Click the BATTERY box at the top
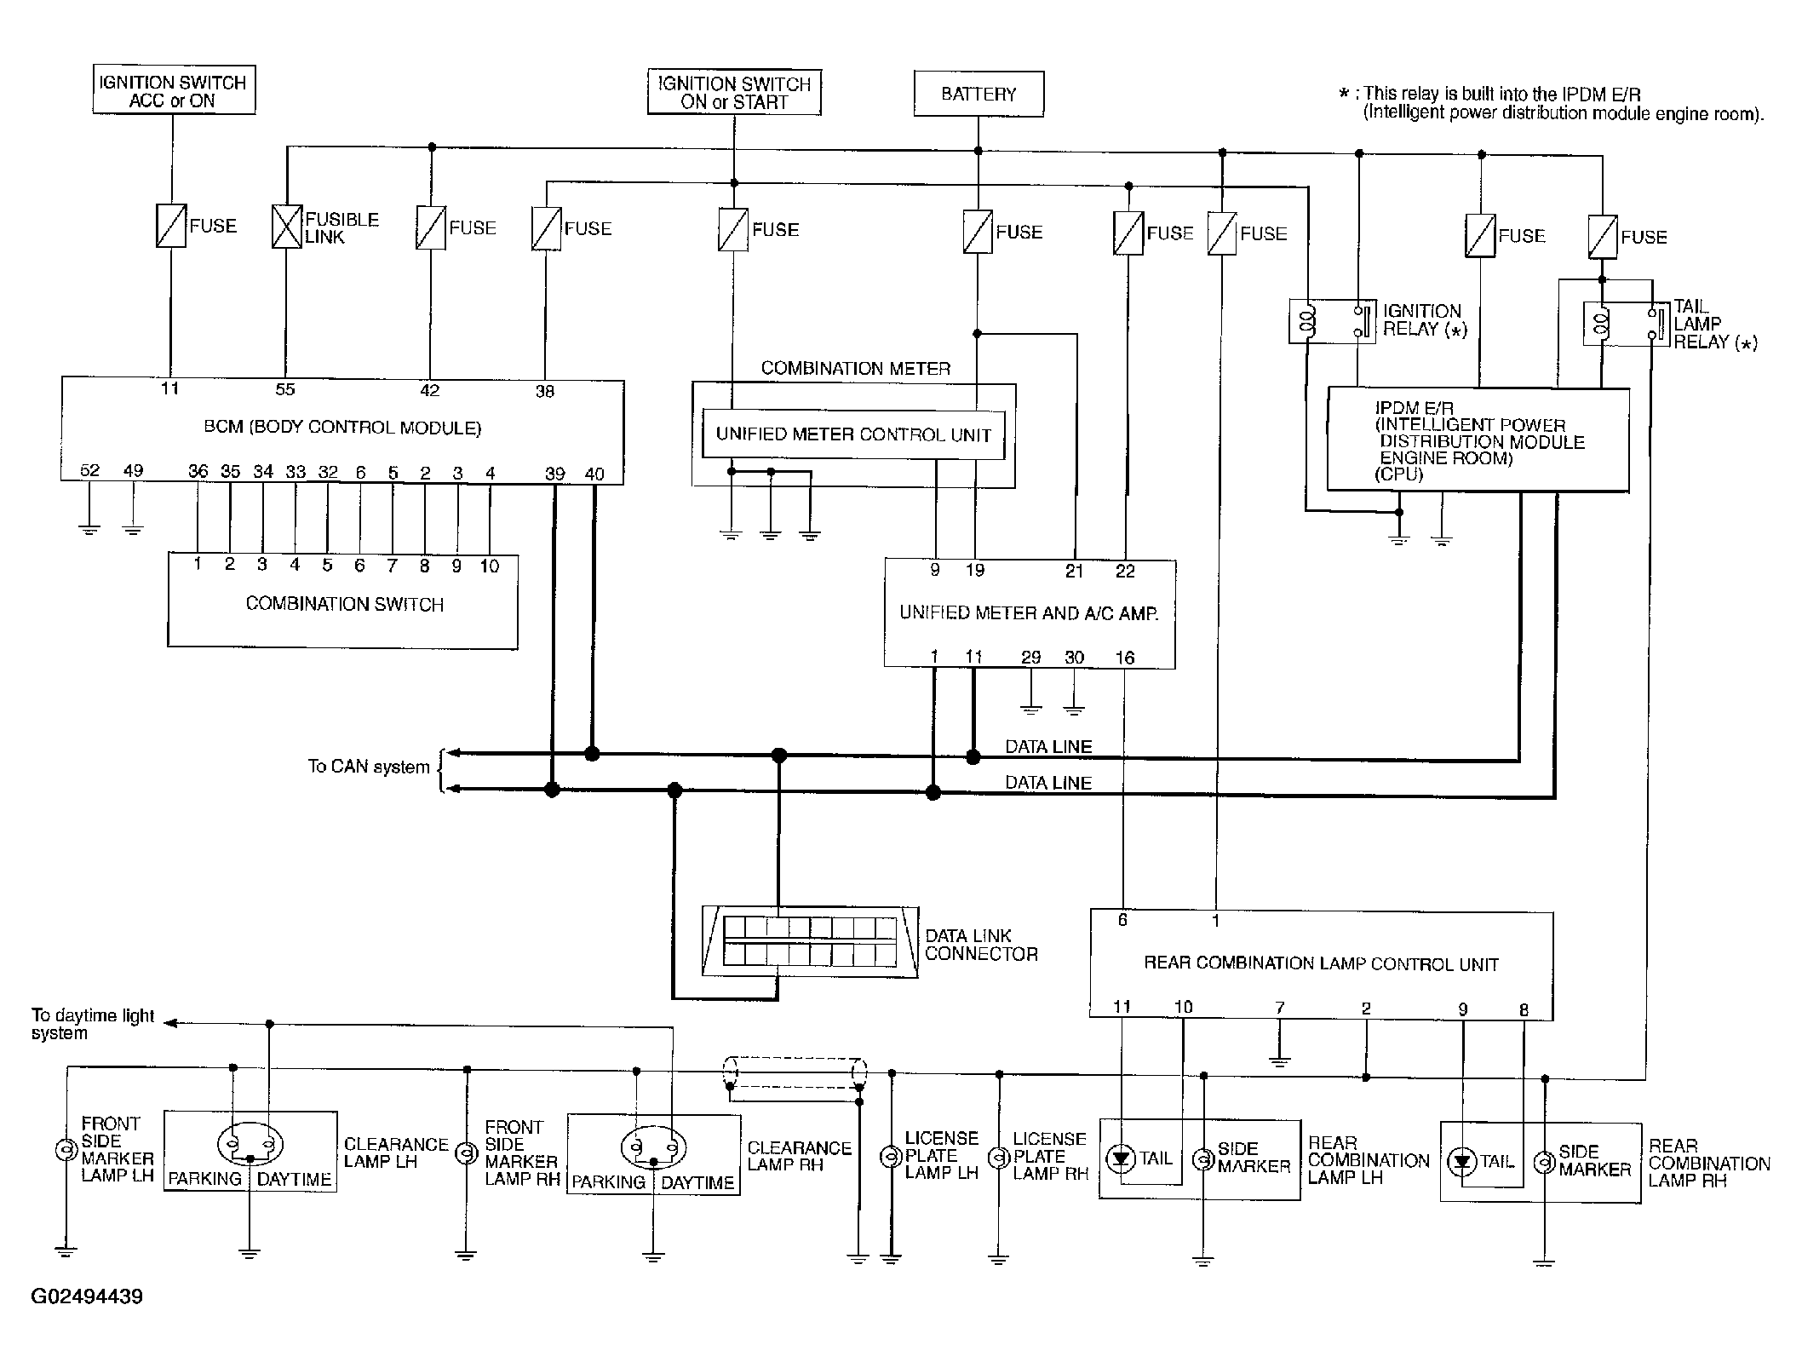coord(978,94)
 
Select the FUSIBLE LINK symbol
coord(287,227)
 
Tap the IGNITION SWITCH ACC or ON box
coord(174,90)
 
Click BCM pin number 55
coord(285,389)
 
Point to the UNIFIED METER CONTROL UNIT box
coord(853,434)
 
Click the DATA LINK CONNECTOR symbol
coord(810,941)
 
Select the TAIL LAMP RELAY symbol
coord(1626,324)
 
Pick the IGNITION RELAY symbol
coord(1332,321)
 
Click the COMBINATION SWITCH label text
coord(345,604)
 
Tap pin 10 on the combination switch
coord(489,566)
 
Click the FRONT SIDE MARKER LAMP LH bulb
coord(66,1151)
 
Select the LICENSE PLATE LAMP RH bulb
coord(998,1158)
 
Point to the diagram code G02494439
coord(87,1296)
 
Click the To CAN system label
coord(369,767)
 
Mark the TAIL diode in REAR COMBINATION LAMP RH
coord(1463,1162)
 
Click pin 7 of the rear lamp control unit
coord(1279,1009)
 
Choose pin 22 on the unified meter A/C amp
coord(1125,572)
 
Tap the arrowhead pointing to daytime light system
coord(170,1023)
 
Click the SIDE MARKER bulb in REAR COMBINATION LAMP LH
coord(1202,1159)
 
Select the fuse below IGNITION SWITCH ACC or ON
coord(171,226)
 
